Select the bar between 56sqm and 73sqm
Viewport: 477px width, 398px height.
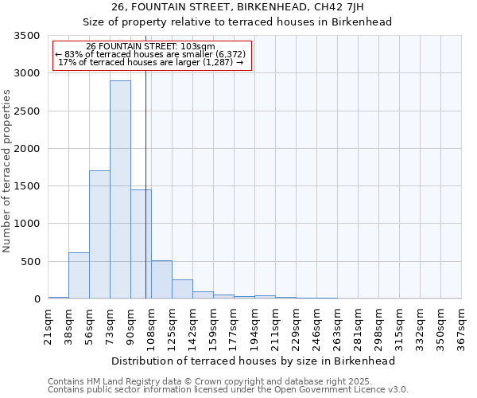click(x=99, y=235)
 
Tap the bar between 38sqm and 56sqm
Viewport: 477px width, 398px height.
click(x=79, y=275)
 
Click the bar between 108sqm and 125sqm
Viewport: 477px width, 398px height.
click(x=161, y=279)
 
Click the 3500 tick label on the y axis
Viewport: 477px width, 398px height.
click(x=27, y=36)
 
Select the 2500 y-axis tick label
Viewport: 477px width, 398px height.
click(x=27, y=111)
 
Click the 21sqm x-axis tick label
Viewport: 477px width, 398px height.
click(x=48, y=322)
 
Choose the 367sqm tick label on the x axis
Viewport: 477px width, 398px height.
click(x=461, y=322)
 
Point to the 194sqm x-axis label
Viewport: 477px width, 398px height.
click(x=254, y=322)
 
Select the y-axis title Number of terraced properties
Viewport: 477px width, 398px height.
click(x=7, y=170)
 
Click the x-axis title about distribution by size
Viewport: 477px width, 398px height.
click(x=254, y=361)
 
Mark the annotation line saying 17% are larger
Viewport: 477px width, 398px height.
click(x=151, y=63)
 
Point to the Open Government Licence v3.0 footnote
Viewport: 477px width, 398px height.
click(x=228, y=390)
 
